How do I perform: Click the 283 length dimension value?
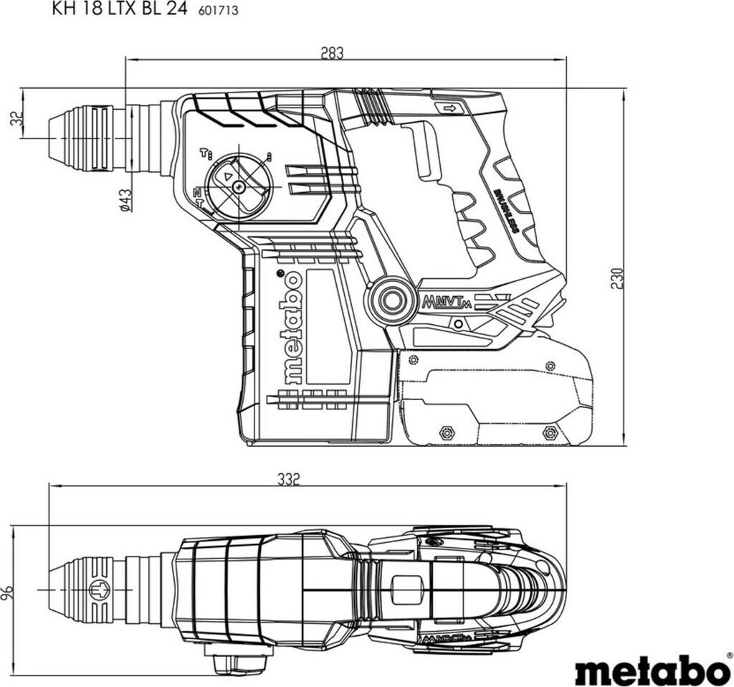[333, 53]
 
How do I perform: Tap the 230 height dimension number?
[618, 277]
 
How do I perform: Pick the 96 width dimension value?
[8, 592]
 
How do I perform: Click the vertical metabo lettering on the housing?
[292, 328]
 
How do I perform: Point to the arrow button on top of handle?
[450, 108]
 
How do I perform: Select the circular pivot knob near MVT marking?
[391, 299]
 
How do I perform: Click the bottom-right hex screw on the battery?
[550, 432]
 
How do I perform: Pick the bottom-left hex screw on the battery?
[444, 432]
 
